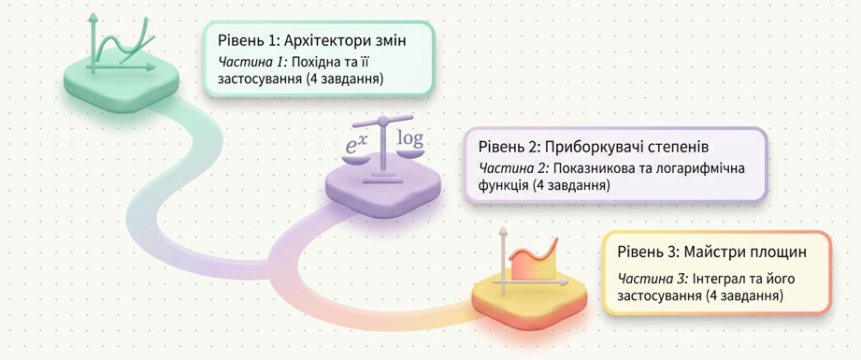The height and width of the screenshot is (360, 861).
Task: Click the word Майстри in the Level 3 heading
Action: [x=707, y=253]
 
